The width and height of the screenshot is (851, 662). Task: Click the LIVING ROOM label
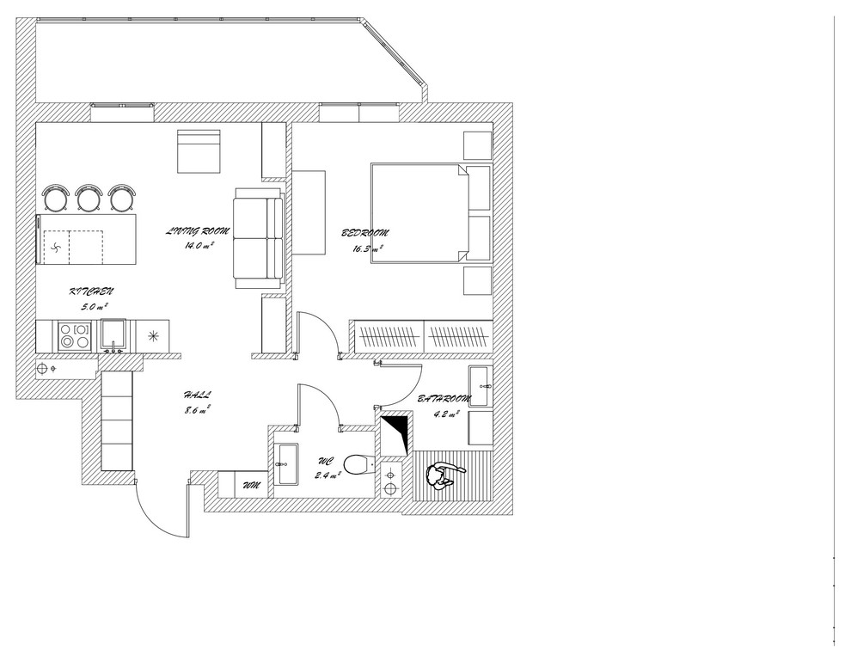[198, 231]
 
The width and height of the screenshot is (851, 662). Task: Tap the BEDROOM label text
[365, 233]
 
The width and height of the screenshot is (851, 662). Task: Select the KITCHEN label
[92, 292]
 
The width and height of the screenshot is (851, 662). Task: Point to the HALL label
[197, 395]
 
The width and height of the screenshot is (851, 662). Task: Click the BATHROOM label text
[444, 399]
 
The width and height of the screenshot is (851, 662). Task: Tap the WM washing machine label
[251, 485]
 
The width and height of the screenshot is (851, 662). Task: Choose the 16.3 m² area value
[368, 249]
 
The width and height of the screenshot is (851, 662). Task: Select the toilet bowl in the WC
[358, 464]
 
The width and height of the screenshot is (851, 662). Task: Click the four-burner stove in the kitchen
[74, 336]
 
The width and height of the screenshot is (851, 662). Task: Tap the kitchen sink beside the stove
[113, 335]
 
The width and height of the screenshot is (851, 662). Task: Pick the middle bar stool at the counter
[89, 198]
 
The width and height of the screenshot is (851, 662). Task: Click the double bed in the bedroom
[419, 213]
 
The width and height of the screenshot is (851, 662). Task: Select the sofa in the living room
[259, 237]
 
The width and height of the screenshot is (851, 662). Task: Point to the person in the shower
[444, 476]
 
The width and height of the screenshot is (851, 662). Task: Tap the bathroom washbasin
[481, 386]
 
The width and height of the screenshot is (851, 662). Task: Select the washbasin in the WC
[286, 464]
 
